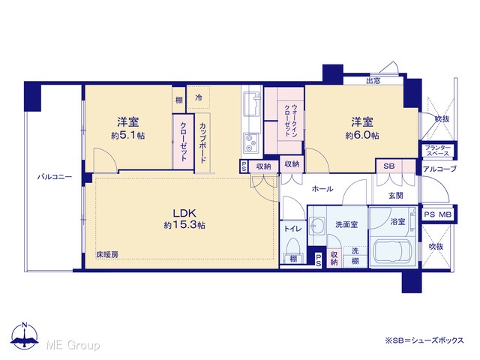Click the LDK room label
point(184,213)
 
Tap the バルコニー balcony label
point(55,177)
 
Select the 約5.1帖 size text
point(128,136)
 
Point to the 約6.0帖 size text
point(362,136)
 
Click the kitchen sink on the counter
point(251,104)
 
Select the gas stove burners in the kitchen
point(252,143)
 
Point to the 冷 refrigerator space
point(199,97)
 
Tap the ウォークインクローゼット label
point(291,120)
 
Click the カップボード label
point(202,143)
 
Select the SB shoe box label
point(388,166)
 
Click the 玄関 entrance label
point(396,195)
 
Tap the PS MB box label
point(438,214)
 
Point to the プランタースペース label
point(438,151)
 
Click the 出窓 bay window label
point(373,81)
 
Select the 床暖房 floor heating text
point(107,254)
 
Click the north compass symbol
point(25,335)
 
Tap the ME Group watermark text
point(73,345)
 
